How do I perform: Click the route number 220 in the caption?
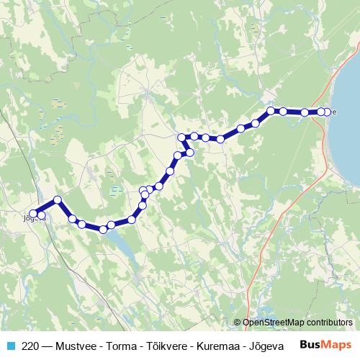click(x=30, y=345)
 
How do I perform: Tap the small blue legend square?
click(x=11, y=345)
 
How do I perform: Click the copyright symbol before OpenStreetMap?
click(x=237, y=323)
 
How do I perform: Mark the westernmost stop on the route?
click(x=33, y=213)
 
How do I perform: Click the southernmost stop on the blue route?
click(x=104, y=230)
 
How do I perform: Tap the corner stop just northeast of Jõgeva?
click(x=58, y=199)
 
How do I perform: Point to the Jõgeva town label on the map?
click(x=29, y=218)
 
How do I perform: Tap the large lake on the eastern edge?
click(x=348, y=108)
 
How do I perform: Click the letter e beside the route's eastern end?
click(x=334, y=112)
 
